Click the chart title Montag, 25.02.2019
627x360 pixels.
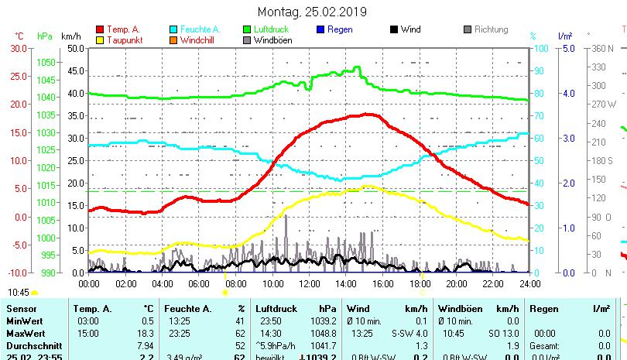(x=313, y=12)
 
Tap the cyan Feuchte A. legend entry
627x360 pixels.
(x=194, y=29)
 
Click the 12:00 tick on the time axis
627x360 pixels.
(x=309, y=283)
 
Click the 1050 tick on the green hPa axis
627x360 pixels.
(x=46, y=62)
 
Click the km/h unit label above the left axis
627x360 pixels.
(x=70, y=36)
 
